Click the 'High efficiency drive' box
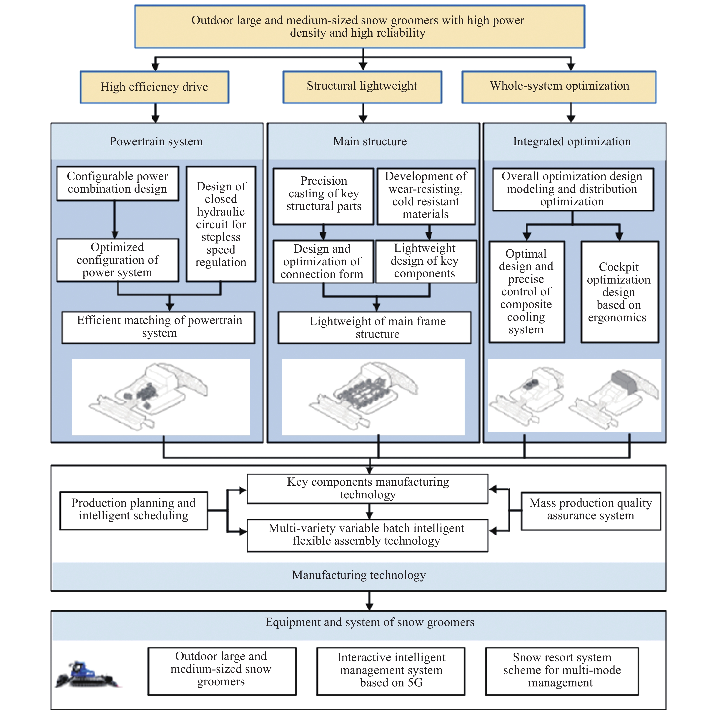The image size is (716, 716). (x=155, y=87)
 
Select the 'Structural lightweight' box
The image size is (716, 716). (x=362, y=87)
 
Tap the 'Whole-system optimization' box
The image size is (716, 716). (x=559, y=87)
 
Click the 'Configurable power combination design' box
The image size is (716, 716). (x=118, y=183)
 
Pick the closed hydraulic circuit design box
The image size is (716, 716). (x=221, y=224)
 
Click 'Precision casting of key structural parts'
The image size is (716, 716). (x=323, y=196)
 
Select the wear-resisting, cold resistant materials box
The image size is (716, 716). (x=426, y=196)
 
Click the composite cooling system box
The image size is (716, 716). (x=527, y=292)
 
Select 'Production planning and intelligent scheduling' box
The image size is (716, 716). (x=133, y=511)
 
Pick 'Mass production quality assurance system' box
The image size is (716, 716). (x=591, y=511)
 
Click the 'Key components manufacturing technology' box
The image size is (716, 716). (x=368, y=489)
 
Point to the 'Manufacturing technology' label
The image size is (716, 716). (x=359, y=575)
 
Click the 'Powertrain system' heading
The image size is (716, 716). (x=156, y=141)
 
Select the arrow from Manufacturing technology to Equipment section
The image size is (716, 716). (x=369, y=601)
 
